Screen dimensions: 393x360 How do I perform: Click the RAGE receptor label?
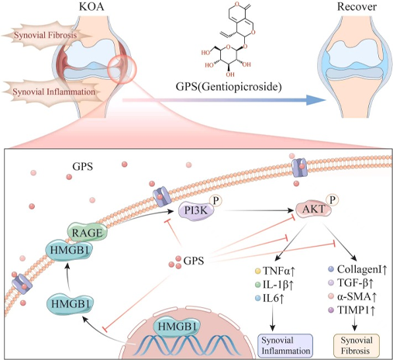click(x=88, y=233)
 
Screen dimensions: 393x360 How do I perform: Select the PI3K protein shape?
click(x=196, y=211)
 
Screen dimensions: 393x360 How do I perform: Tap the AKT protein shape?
click(x=314, y=209)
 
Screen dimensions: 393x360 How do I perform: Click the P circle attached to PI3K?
click(x=215, y=200)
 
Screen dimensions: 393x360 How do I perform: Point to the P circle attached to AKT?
click(x=333, y=199)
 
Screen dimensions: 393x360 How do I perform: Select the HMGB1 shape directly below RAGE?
click(x=69, y=250)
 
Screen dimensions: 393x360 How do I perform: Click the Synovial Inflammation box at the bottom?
click(x=285, y=346)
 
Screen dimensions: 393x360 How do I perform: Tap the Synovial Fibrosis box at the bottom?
click(x=357, y=346)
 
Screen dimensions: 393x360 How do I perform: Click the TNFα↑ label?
click(x=279, y=271)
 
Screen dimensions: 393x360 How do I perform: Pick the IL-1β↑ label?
click(x=278, y=285)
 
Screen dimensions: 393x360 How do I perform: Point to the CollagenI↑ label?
click(x=362, y=269)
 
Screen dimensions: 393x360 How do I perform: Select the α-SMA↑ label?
click(x=357, y=296)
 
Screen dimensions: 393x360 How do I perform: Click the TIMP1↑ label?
click(x=356, y=310)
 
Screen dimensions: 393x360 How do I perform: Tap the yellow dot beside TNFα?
click(x=257, y=271)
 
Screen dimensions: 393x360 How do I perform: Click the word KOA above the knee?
click(x=91, y=7)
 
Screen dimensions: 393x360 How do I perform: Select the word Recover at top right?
click(x=357, y=7)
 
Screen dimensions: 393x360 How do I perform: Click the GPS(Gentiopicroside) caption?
click(x=229, y=86)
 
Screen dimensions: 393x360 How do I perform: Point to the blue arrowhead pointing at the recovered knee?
click(x=315, y=100)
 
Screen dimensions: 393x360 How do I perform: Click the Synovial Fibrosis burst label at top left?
click(x=45, y=35)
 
